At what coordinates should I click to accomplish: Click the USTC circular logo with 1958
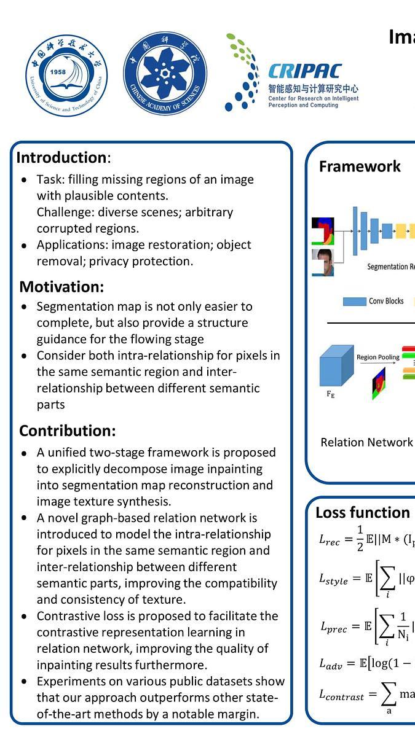pos(66,76)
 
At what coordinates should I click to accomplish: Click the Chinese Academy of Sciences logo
pos(165,74)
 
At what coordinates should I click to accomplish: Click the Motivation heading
pos(61,287)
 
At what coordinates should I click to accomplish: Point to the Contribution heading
pos(67,431)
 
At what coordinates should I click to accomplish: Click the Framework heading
pos(360,166)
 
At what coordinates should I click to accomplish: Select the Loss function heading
pos(363,513)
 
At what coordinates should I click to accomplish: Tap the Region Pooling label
pos(377,357)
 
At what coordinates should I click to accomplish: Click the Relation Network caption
pos(366,442)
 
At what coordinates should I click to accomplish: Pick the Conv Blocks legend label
pos(386,301)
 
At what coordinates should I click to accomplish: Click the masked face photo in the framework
pos(323,262)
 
